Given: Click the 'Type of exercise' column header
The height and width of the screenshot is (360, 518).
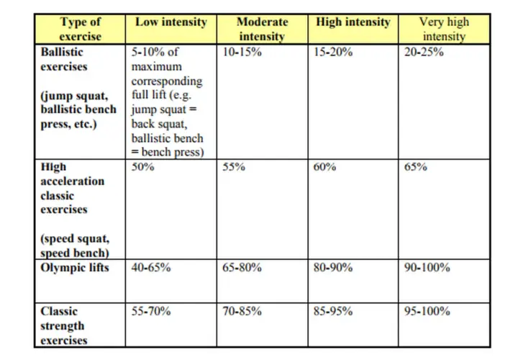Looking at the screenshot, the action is pos(81,29).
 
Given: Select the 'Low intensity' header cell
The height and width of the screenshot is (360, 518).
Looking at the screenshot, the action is pos(171,22).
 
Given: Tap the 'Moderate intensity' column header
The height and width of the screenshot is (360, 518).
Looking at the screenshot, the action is pos(263,29).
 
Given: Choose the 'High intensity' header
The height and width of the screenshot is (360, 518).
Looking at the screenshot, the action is pos(353,22).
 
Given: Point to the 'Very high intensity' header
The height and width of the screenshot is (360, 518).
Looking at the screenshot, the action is pos(444,29).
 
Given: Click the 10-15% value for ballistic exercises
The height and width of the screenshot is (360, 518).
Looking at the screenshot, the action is pos(242,53).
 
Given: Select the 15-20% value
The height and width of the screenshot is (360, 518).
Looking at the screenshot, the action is pos(333,53).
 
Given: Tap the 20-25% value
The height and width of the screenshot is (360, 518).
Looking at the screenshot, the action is pos(424,53).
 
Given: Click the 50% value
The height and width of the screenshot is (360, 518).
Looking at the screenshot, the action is pos(142,166).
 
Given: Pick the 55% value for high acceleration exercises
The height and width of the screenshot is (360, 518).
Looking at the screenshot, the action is pos(234,166).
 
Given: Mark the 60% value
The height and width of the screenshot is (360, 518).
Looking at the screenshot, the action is pos(324,166).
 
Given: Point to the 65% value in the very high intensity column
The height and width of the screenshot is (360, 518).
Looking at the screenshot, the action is pos(416,166).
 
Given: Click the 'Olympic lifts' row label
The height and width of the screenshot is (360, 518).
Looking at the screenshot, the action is pos(75,268).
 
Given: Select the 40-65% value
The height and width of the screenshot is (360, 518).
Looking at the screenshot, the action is pos(151,267).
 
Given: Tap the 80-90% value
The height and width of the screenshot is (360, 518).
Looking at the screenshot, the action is pos(333,267).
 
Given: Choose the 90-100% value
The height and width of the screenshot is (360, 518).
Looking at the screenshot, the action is pos(427,267).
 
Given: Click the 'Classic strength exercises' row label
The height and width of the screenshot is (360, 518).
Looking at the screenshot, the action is pos(64,325).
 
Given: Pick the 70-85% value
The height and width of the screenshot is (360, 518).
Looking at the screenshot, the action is pos(242,312).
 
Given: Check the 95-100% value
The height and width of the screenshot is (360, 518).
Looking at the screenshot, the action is pos(427,312).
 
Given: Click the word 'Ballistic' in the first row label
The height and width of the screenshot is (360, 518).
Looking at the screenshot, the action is pos(62,53).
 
